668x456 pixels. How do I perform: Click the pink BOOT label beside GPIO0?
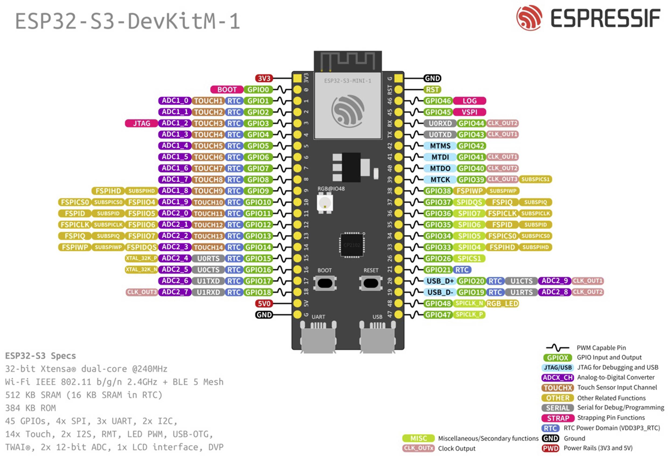[227, 90]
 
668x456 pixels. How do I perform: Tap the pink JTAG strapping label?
[141, 123]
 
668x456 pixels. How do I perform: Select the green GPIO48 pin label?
[438, 304]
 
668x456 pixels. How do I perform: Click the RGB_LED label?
[502, 304]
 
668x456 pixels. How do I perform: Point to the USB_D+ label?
[440, 281]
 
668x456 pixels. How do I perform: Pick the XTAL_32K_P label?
[141, 258]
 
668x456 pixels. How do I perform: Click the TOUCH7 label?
[208, 168]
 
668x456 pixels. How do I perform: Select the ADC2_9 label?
[554, 281]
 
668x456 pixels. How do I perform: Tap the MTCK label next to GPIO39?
[440, 180]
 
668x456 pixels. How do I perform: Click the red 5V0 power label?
[264, 304]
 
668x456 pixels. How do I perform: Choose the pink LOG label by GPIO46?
[469, 101]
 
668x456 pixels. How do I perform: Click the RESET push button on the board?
[371, 283]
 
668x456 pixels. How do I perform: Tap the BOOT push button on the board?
[325, 283]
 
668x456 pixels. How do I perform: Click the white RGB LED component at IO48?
[325, 203]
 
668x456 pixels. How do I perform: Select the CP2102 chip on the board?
[352, 245]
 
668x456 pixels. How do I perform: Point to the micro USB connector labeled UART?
[318, 338]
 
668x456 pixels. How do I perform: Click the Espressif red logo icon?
[529, 18]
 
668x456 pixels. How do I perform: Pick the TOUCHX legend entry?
[558, 388]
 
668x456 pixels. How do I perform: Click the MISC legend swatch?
[418, 438]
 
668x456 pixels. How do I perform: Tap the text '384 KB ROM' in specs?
[30, 408]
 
